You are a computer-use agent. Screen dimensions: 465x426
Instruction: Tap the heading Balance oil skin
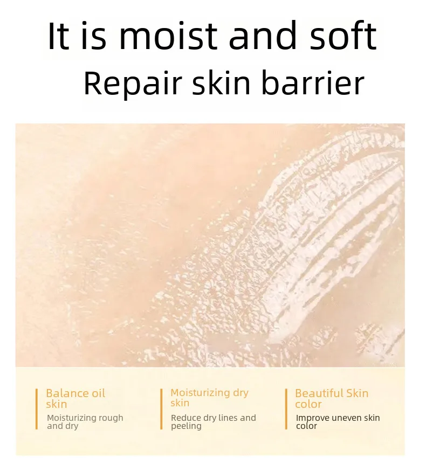[x=75, y=399]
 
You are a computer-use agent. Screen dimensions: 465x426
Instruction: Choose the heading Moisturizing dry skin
[x=209, y=398]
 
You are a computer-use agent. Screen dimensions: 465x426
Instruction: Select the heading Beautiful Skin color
[x=332, y=399]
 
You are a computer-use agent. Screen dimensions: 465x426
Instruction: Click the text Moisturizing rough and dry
[x=85, y=422]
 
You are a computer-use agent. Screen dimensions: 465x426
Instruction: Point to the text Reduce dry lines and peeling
[x=213, y=422]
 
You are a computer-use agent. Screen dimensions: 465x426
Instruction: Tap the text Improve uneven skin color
[x=338, y=422]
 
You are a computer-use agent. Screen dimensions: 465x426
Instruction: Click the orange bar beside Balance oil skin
[x=37, y=409]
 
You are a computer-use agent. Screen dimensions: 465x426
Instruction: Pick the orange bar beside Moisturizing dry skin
[x=161, y=409]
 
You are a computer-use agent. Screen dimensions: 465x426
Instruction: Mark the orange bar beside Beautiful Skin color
[x=286, y=409]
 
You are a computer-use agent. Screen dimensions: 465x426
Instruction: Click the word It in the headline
[x=58, y=37]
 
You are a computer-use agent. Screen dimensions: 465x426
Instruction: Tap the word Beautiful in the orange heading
[x=319, y=393]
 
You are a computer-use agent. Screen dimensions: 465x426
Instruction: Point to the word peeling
[x=186, y=426]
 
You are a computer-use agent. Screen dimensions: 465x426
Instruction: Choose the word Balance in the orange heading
[x=67, y=393]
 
